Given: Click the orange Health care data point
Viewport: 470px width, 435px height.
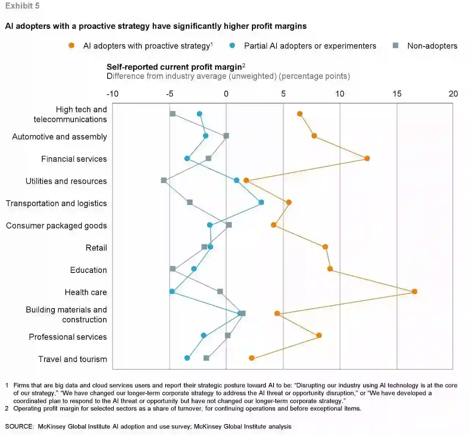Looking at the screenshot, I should [x=414, y=292].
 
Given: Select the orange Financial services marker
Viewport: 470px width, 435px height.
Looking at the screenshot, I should [x=367, y=158].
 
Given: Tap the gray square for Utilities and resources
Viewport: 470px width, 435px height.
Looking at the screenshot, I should [x=164, y=180].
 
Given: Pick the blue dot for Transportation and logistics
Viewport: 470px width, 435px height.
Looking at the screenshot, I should [x=261, y=202].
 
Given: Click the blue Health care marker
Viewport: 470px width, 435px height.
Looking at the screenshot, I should [x=172, y=292].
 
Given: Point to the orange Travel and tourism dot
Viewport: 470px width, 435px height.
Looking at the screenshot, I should [x=252, y=358].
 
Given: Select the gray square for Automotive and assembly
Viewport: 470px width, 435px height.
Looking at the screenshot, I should [x=226, y=136].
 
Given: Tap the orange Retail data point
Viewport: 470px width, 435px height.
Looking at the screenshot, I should [x=325, y=247].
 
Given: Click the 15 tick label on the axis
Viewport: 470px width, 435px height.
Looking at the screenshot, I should [x=397, y=94].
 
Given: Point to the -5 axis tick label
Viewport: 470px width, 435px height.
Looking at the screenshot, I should [x=169, y=94].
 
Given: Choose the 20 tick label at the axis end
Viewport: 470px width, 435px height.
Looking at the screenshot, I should [x=453, y=94].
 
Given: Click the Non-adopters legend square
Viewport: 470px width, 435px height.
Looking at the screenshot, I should [x=395, y=45].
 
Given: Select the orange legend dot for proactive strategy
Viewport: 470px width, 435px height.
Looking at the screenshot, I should [x=71, y=45].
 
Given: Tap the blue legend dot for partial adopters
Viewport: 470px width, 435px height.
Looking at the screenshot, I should [x=232, y=45].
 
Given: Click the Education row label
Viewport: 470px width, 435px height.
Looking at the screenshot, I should [x=88, y=270].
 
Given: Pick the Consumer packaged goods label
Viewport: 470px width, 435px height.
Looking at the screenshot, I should [x=57, y=226].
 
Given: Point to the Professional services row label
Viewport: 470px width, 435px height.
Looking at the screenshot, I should [x=68, y=337].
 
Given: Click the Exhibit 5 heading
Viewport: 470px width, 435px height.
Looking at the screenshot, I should [x=22, y=6].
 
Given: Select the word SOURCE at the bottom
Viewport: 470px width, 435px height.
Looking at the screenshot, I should [x=19, y=427].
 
